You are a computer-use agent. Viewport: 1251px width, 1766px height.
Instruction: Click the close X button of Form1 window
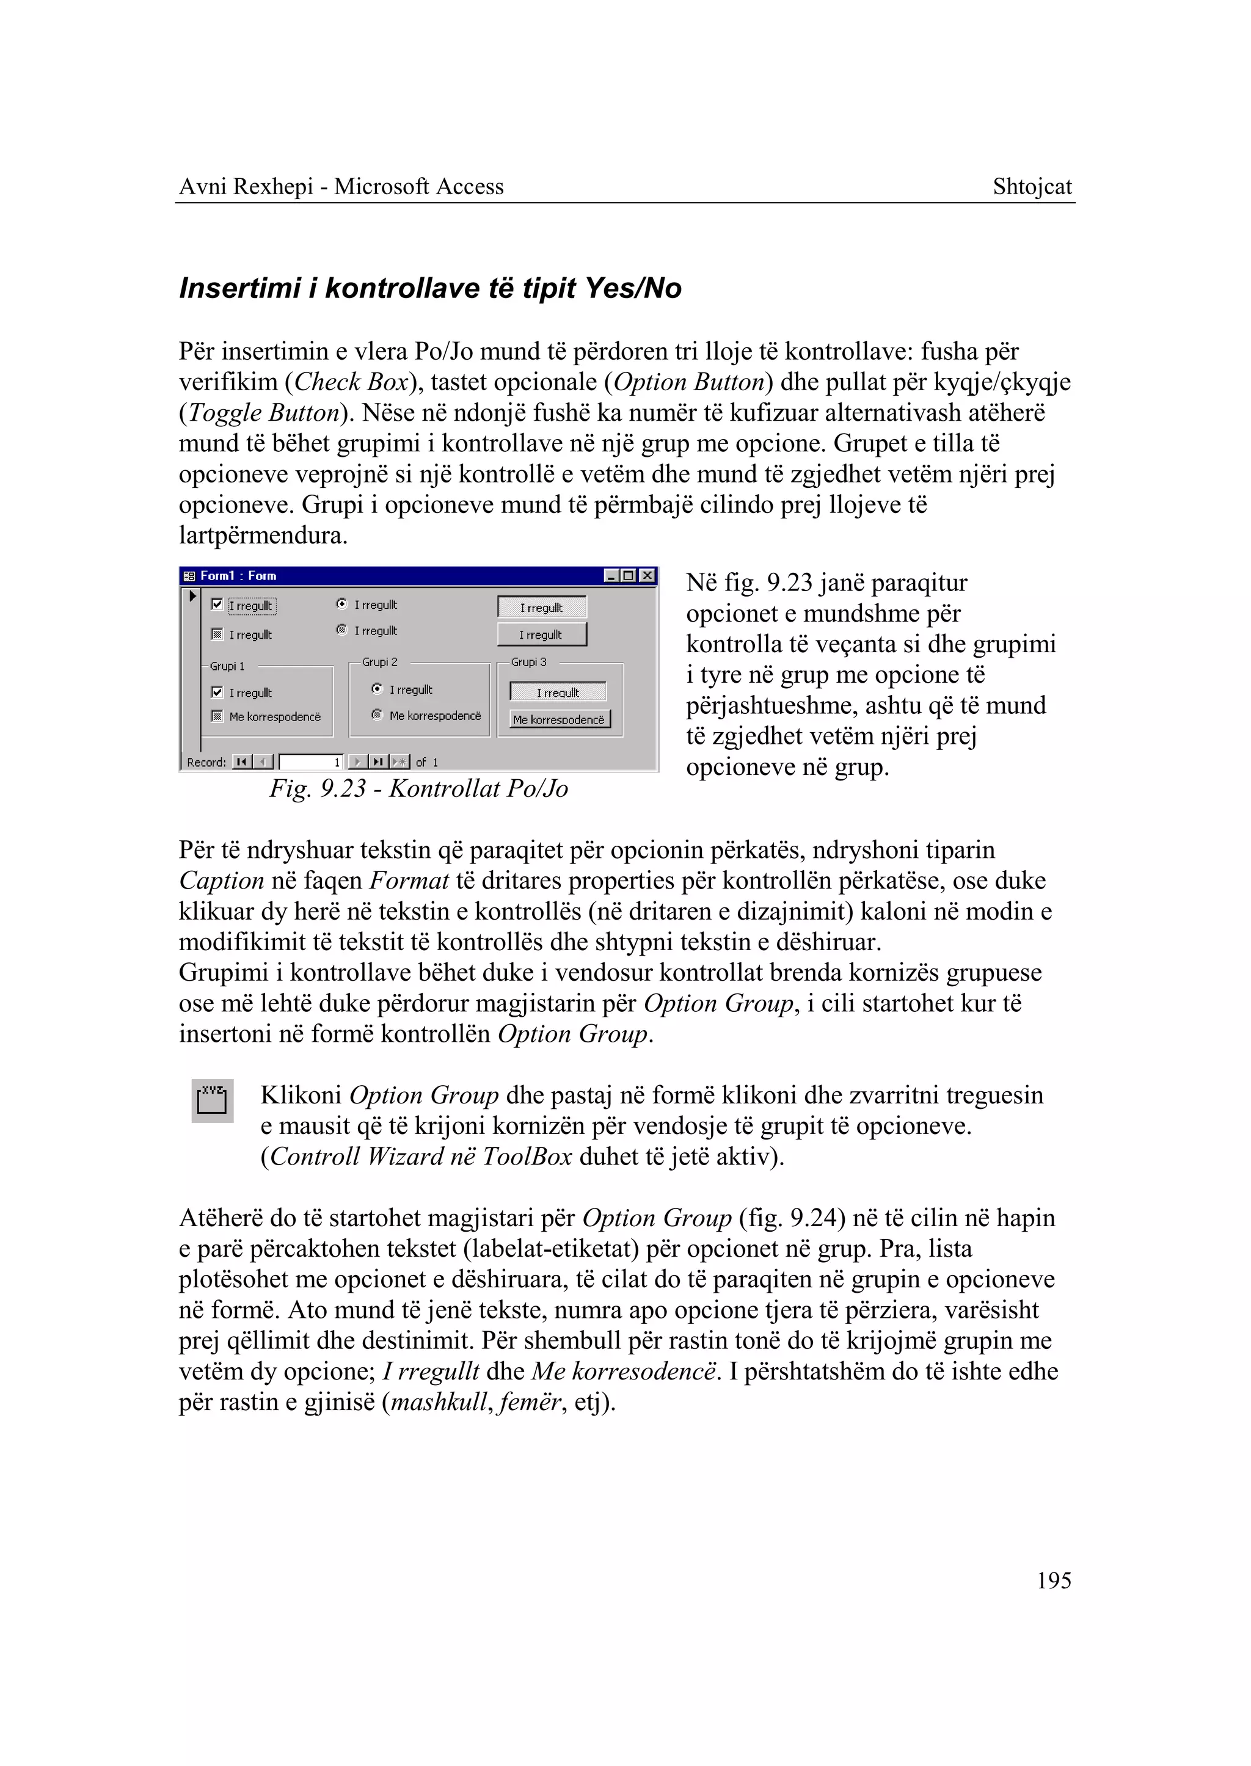pos(648,575)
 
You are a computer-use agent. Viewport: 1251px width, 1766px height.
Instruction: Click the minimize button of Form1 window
pos(611,575)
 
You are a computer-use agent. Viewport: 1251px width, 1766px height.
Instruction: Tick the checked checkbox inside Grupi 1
pos(217,692)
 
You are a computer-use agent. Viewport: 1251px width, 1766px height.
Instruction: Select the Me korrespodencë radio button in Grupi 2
pos(377,714)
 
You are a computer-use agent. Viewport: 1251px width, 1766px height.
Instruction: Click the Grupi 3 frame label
pos(528,661)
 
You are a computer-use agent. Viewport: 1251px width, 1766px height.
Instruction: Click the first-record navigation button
pos(242,761)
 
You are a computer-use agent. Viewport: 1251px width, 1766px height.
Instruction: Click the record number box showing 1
pos(311,761)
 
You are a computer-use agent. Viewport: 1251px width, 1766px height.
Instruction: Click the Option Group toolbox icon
pos(212,1100)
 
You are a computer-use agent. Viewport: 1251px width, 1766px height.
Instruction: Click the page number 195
pos(1053,1580)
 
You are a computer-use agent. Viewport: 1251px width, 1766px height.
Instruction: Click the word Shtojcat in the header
pos(1032,186)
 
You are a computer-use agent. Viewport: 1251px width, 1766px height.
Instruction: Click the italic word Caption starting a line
pos(221,881)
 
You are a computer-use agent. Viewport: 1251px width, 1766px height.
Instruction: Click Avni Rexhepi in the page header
pos(246,186)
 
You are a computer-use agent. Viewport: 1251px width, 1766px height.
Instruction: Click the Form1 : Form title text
pos(238,575)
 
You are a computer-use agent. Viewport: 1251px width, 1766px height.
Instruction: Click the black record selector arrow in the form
pos(192,595)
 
